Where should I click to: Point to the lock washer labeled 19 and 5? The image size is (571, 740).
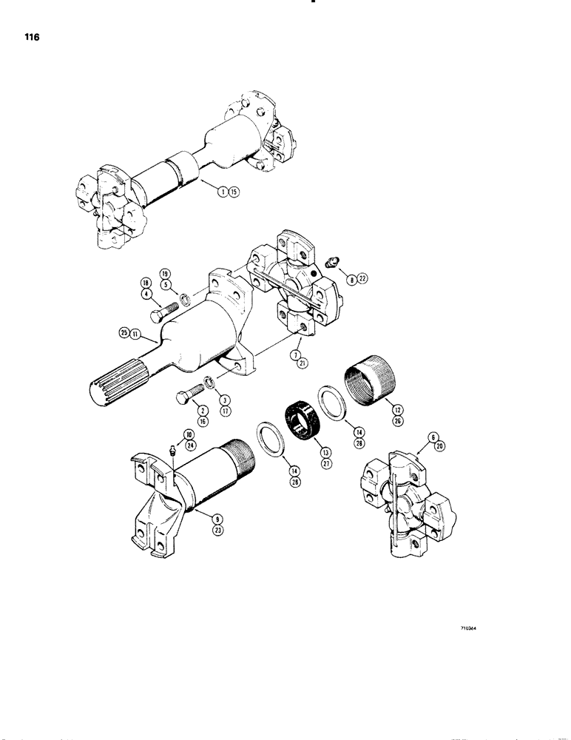(189, 300)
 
